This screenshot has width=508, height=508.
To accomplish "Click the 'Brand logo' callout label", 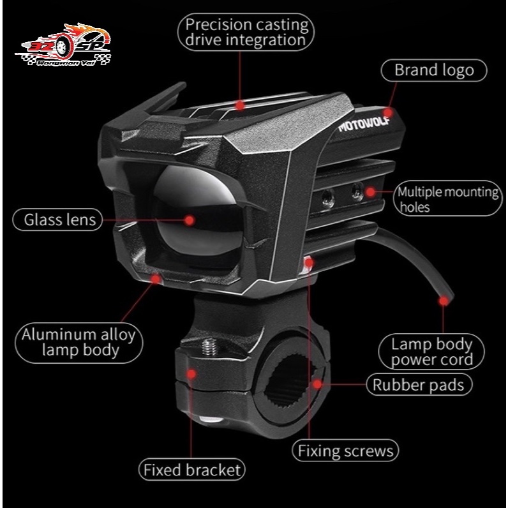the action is (434, 70).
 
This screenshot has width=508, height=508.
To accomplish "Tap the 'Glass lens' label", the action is (57, 220).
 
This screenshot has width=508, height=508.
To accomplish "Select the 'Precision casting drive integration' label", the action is (246, 32).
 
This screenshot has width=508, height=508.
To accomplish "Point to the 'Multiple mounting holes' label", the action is (448, 198).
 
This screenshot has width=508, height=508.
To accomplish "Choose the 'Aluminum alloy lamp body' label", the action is (78, 343).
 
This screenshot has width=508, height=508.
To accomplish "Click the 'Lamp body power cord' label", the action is (431, 352).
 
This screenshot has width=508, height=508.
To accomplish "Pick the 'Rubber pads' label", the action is (419, 385).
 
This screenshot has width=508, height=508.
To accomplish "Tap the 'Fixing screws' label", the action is (345, 451).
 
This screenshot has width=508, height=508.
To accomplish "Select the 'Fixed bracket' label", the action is (192, 470).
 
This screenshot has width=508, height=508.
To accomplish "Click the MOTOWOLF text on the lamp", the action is (364, 124).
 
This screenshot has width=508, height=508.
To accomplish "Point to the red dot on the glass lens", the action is (189, 220).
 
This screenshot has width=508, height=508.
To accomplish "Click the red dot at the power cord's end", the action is (443, 301).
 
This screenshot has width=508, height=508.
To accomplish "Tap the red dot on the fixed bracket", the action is (191, 374).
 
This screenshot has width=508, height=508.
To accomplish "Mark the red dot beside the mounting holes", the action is (370, 191).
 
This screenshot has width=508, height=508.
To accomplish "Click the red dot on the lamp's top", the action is (240, 105).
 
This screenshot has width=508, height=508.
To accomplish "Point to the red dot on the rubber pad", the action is (317, 384).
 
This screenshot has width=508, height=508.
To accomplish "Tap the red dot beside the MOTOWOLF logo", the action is (388, 112).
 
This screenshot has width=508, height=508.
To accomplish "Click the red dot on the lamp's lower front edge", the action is (156, 279).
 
